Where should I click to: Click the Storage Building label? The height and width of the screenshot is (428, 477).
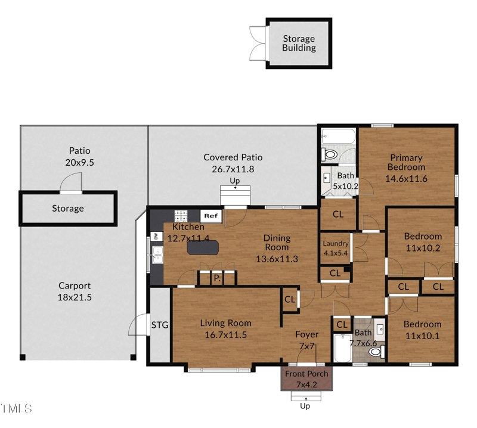click(x=299, y=44)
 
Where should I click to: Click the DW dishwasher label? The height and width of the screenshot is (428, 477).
click(x=156, y=237)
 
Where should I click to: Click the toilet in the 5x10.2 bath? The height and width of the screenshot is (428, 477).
click(x=330, y=155)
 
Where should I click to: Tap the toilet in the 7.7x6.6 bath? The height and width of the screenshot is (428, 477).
click(x=375, y=352)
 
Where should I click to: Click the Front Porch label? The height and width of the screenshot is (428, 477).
click(x=306, y=379)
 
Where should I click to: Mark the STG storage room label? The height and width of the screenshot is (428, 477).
click(x=160, y=325)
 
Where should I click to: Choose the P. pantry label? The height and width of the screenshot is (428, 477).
click(x=217, y=278)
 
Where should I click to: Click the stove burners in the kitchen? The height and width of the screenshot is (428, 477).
click(x=181, y=216)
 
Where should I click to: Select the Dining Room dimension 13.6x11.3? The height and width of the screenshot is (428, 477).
click(x=277, y=259)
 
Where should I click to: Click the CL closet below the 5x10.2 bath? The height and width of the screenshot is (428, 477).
click(x=337, y=214)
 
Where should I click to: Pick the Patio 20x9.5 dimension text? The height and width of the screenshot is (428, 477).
click(x=79, y=162)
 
